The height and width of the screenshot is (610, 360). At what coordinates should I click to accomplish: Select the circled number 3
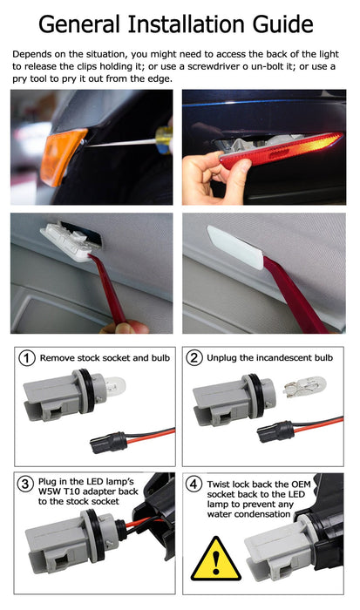coord(27,484)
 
